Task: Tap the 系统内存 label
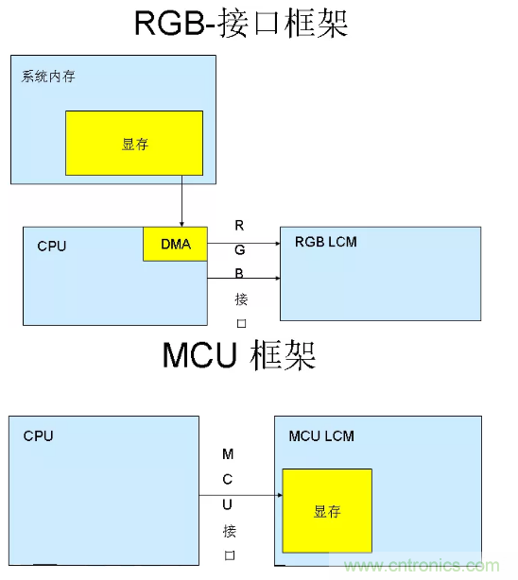point(48,77)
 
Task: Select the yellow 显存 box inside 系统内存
point(134,143)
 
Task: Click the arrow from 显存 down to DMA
point(181,205)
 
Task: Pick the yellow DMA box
point(175,245)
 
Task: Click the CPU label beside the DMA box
point(52,247)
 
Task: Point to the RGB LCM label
point(326,243)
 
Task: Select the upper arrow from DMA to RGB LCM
point(243,244)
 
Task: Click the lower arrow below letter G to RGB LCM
point(243,279)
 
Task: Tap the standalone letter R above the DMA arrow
point(240,225)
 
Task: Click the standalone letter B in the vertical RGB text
point(240,274)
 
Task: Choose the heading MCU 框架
point(238,355)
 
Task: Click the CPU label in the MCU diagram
point(39,436)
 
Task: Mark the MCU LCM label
point(321,436)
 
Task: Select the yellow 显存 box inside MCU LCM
point(327,511)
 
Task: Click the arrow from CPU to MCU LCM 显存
point(241,495)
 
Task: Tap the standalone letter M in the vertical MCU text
point(228,454)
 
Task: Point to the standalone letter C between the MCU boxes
point(228,479)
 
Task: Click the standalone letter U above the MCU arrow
point(228,505)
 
